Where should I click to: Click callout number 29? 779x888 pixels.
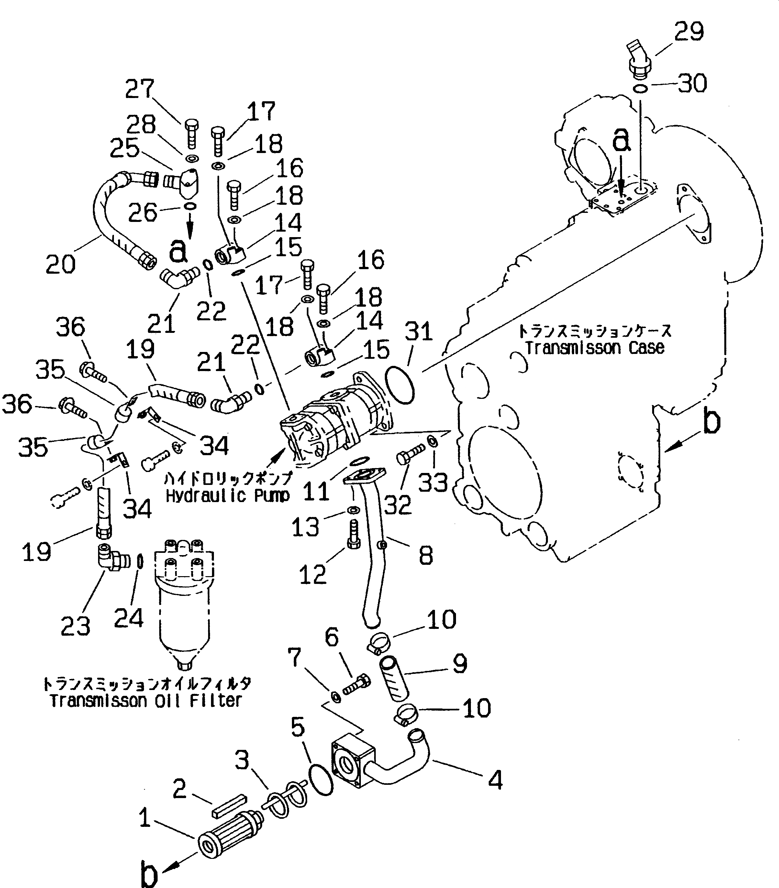[689, 31]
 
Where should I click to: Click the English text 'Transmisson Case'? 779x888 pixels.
[595, 347]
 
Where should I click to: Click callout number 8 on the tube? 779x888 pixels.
[426, 555]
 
